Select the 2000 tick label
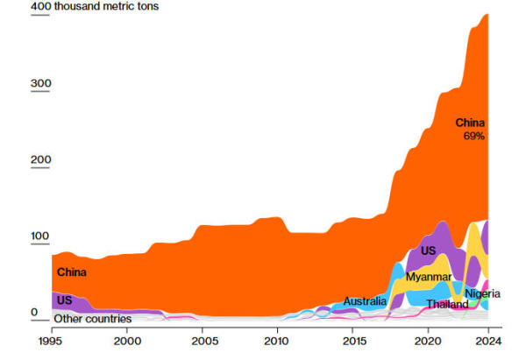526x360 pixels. (x=127, y=340)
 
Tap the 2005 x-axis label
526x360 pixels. (x=203, y=340)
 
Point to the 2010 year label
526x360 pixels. (x=277, y=340)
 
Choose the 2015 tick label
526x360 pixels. (x=354, y=340)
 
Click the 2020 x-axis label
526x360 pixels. (x=429, y=340)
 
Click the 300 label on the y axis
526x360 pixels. (x=42, y=84)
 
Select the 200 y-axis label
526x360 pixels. (x=42, y=160)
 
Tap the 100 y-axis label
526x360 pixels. (x=42, y=236)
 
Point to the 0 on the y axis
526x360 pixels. (x=36, y=312)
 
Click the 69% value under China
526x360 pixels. (x=473, y=137)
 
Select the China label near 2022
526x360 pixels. (x=470, y=123)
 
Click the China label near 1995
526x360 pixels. (x=72, y=272)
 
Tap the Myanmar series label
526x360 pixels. (x=429, y=277)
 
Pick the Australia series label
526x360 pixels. (x=365, y=301)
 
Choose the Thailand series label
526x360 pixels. (x=447, y=304)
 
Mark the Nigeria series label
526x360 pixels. (x=483, y=293)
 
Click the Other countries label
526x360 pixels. (x=93, y=319)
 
